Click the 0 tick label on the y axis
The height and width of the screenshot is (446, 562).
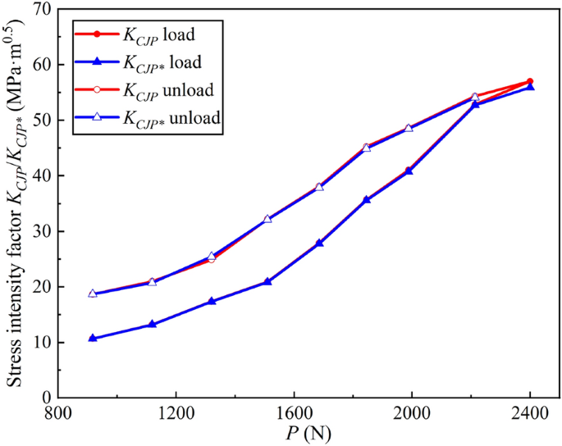tap(48, 398)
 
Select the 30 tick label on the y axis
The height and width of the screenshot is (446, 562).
tap(43, 231)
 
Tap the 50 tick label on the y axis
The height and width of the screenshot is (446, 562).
tap(43, 120)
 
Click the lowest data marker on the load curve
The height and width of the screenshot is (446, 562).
tap(93, 338)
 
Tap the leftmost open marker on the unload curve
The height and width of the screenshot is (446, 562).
tap(93, 294)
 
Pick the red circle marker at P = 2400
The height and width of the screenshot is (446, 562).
tap(530, 81)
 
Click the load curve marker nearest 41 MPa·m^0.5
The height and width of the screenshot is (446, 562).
tap(409, 171)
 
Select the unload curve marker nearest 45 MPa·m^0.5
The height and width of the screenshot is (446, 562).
tap(366, 148)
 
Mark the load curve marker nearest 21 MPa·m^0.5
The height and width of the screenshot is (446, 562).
tap(267, 281)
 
